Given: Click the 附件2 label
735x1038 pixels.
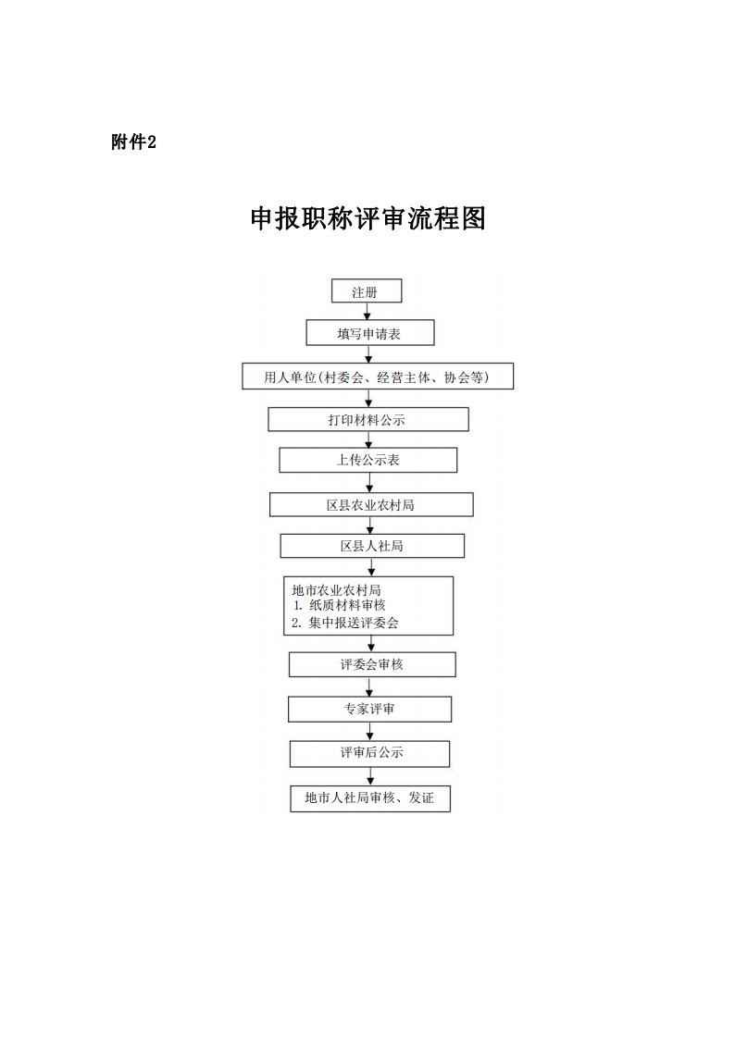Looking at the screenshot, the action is (133, 142).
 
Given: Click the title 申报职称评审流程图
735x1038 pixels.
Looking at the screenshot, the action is (368, 218).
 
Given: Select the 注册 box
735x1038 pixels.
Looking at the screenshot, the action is (367, 291).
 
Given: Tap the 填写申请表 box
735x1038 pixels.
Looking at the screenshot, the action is (370, 333).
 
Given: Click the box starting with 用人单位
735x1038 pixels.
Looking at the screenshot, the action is (378, 376).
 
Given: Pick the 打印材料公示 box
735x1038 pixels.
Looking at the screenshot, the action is (368, 419).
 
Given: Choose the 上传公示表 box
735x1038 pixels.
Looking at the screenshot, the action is (368, 460).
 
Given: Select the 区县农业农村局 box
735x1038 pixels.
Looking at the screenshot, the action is (371, 504).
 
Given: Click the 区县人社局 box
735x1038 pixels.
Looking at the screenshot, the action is (372, 546).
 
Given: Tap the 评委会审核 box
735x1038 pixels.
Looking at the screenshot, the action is (372, 664).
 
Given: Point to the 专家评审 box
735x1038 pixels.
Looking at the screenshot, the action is (370, 709).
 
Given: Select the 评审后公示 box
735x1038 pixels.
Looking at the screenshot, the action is (370, 753).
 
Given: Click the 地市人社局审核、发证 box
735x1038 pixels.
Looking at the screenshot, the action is (371, 798).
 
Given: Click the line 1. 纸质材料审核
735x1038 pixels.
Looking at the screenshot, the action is (339, 605).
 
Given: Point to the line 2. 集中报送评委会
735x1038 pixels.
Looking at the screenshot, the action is (345, 623).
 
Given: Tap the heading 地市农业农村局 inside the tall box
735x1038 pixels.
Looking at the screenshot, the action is (336, 589).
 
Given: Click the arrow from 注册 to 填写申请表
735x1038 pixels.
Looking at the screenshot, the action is (367, 312).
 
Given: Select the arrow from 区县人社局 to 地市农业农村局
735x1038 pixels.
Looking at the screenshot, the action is (371, 567).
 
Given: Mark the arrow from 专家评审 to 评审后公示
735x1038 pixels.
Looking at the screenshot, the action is (370, 732).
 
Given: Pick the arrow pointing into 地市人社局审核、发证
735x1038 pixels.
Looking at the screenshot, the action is (371, 776).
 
